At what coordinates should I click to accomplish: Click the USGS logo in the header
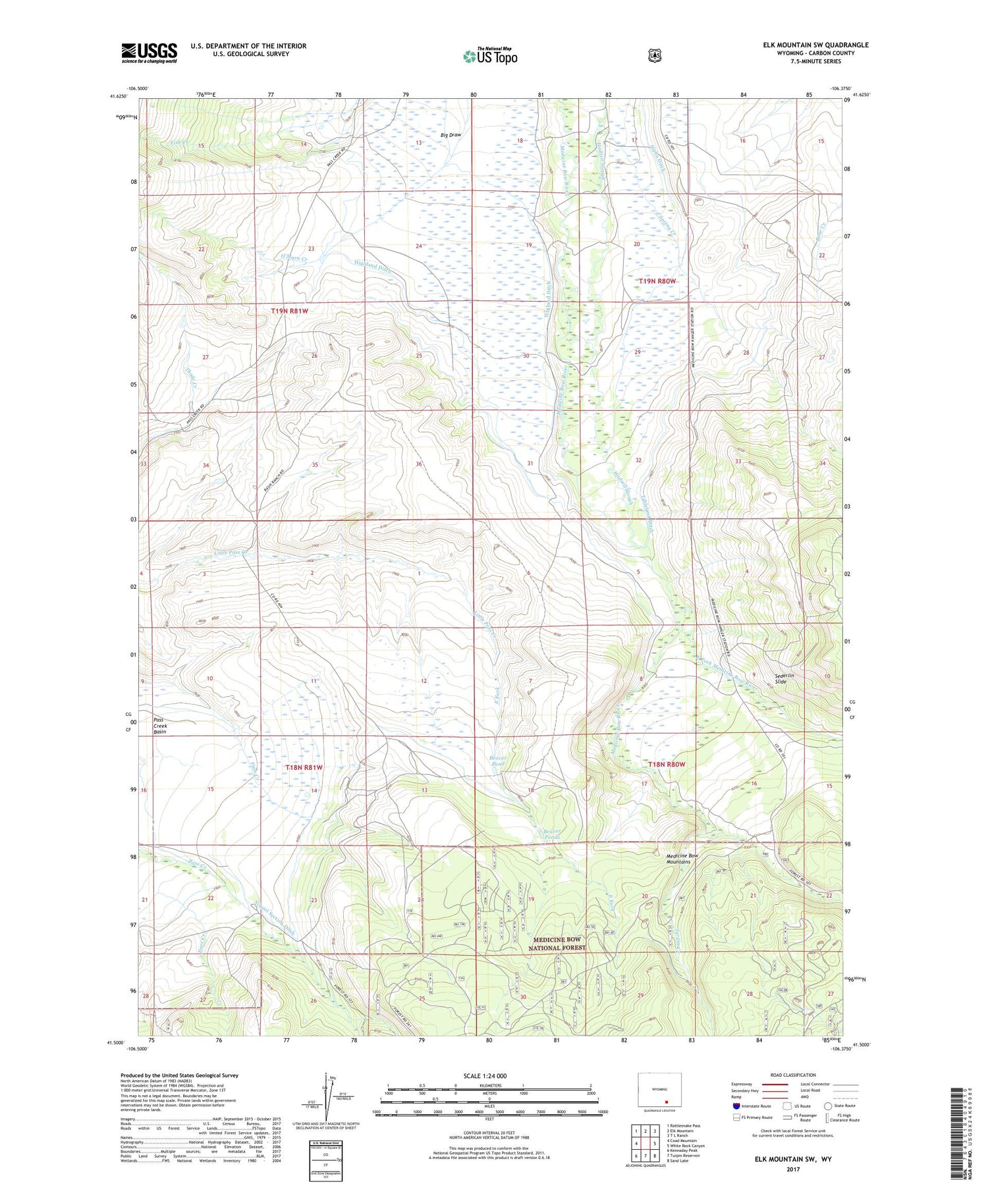(x=149, y=53)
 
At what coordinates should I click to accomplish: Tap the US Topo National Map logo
(x=490, y=56)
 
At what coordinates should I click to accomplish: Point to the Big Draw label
(x=451, y=135)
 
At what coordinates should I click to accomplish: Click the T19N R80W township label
(x=657, y=281)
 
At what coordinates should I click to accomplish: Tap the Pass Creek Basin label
(x=160, y=725)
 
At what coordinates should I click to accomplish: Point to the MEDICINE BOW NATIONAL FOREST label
(x=557, y=943)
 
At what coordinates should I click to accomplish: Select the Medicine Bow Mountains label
(x=682, y=859)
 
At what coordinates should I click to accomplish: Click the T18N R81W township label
(x=304, y=767)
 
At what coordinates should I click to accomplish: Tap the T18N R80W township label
(x=667, y=764)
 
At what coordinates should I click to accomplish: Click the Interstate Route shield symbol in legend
(x=736, y=1106)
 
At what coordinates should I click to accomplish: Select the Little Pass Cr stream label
(x=231, y=553)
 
